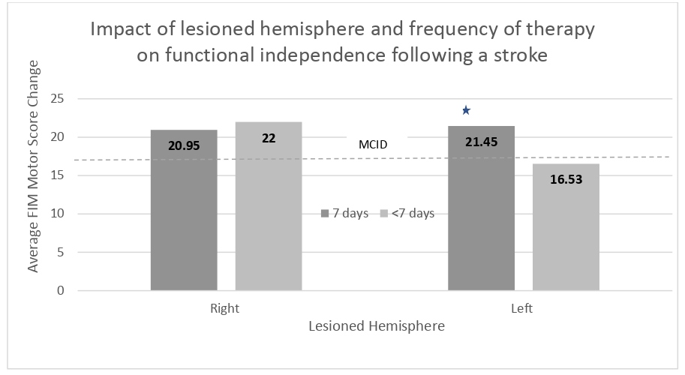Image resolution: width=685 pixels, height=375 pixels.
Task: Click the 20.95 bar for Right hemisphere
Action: (184, 210)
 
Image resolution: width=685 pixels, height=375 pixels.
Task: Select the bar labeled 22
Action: (269, 206)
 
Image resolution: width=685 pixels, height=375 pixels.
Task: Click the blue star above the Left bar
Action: (466, 111)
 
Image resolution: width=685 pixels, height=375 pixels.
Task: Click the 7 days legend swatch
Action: (326, 214)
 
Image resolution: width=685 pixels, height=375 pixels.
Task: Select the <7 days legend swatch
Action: (383, 214)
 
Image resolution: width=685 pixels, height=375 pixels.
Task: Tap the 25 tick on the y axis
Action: (59, 99)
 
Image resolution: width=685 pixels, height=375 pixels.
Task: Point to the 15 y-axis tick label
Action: (59, 175)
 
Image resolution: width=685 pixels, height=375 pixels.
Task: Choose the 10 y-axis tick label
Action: (59, 214)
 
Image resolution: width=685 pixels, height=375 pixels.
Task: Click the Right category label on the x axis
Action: (226, 308)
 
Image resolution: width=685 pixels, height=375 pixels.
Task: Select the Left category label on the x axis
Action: (524, 308)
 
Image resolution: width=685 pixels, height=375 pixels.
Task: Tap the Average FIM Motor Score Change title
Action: (34, 195)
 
